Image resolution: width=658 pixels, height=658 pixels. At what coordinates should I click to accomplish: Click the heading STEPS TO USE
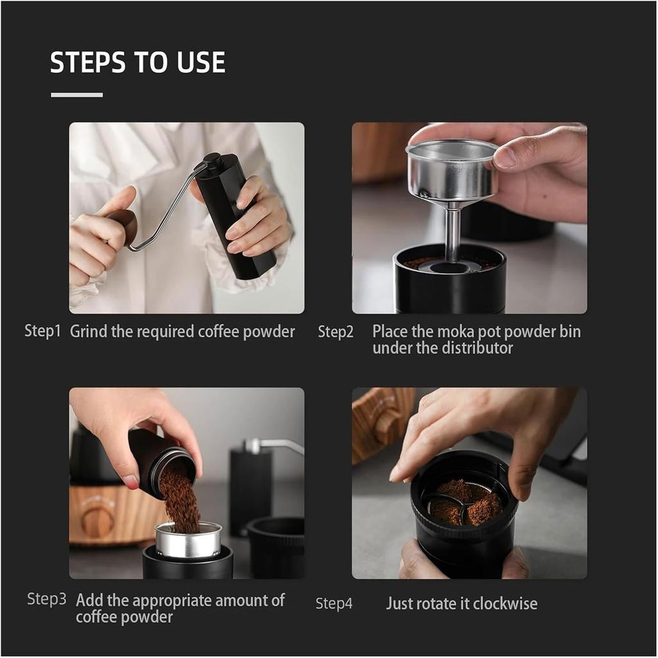pos(138,62)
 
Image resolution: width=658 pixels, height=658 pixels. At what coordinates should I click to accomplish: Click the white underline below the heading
pos(76,95)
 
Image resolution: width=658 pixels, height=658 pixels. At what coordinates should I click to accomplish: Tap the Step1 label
pos(42,332)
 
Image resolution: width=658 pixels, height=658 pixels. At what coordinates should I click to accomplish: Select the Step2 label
pos(335,332)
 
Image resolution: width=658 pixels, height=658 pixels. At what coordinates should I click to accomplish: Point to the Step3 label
pos(46,600)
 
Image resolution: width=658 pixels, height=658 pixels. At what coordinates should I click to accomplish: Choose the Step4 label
pos(333,604)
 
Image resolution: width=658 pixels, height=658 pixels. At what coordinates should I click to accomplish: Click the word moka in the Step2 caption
pos(455,332)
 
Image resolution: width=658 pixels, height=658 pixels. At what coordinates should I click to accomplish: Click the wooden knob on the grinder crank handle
pos(124,225)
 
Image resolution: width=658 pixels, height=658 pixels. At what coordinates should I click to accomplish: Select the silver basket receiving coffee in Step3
pos(188,539)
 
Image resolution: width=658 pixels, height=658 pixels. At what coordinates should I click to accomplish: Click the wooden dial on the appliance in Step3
pos(98,517)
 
